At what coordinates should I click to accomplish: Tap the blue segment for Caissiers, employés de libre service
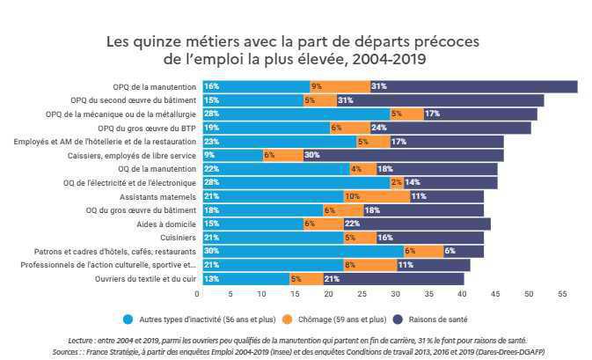[232, 155]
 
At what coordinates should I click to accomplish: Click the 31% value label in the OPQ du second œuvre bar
[345, 100]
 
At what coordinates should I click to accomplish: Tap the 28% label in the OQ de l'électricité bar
[211, 182]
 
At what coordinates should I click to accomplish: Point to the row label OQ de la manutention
[157, 169]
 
